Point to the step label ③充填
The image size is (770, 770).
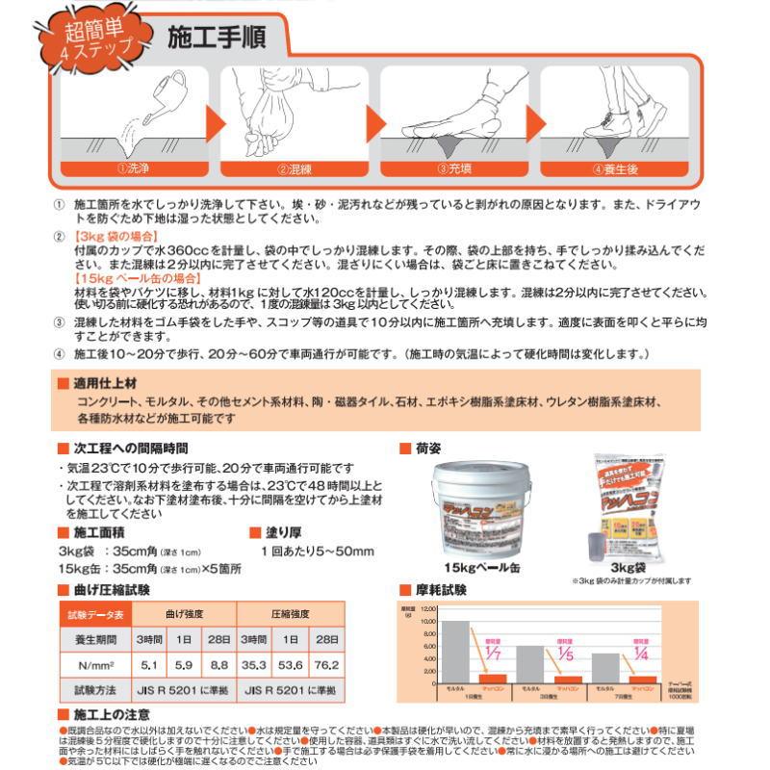click(x=454, y=168)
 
